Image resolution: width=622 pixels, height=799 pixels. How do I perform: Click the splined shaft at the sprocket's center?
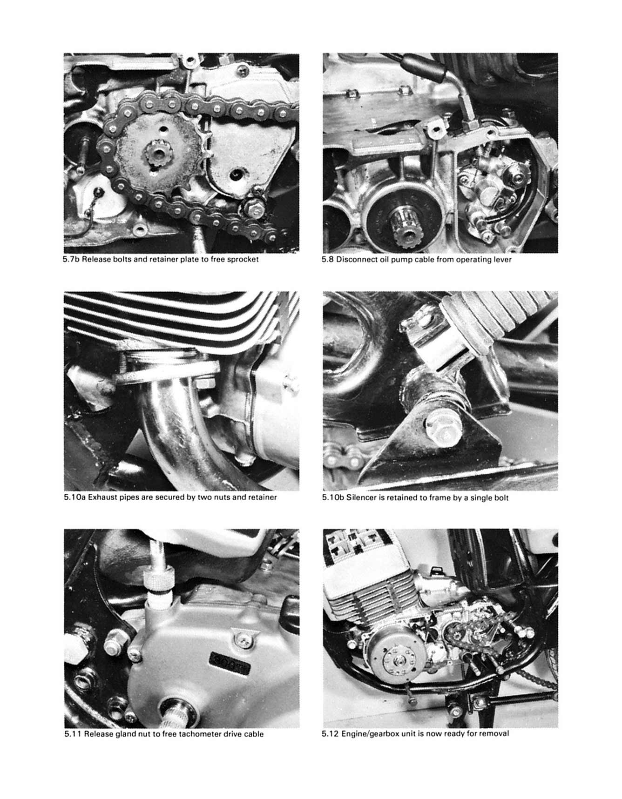point(158,155)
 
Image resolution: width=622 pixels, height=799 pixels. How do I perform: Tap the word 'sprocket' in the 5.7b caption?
point(243,259)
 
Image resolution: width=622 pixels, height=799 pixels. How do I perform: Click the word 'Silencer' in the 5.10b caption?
point(361,497)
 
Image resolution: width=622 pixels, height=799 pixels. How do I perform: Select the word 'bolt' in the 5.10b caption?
point(500,497)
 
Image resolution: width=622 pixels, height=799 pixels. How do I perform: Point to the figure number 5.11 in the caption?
point(73,734)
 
